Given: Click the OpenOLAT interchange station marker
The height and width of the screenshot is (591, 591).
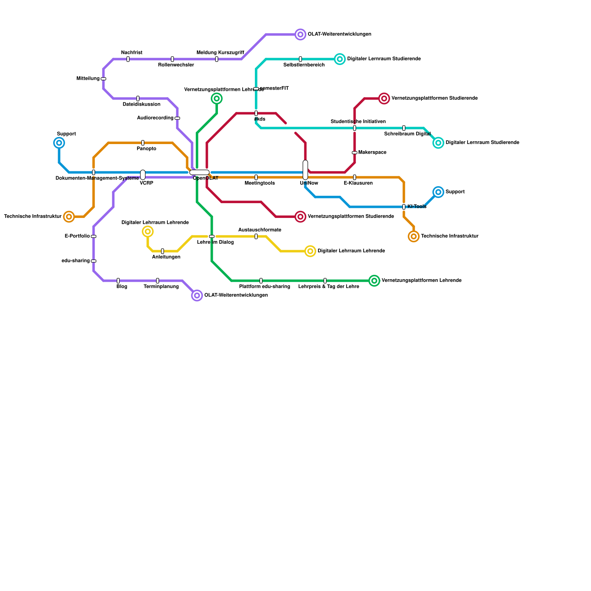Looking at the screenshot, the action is (199, 172).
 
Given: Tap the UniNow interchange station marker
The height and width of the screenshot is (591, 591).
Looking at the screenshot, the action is (305, 170).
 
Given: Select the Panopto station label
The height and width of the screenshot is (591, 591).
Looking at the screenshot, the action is (147, 149).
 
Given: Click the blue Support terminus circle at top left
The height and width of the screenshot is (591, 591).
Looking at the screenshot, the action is (59, 143).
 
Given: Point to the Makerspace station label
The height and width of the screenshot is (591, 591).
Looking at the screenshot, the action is (372, 153).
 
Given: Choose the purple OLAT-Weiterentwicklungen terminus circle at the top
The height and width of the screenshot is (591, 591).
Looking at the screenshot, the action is (301, 35).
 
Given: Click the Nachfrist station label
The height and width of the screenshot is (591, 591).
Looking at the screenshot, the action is (131, 53).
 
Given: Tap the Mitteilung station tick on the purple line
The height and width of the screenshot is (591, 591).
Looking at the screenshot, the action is (103, 79).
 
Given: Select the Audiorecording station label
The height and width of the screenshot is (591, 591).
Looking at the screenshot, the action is (155, 118).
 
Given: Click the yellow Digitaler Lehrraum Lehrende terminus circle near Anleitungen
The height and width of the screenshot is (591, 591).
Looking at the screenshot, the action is (148, 232).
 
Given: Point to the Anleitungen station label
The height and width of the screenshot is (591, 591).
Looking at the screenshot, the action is (166, 257).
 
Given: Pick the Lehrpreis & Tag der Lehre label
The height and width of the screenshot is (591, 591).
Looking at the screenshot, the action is (328, 287).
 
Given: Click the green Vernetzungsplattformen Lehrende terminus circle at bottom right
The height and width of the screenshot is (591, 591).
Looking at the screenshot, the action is (374, 281).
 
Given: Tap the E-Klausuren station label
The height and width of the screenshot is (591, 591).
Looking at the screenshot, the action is (358, 183).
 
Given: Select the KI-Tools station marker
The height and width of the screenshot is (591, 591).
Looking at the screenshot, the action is (404, 207).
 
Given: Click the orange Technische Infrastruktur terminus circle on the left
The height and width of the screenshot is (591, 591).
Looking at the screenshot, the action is (69, 217).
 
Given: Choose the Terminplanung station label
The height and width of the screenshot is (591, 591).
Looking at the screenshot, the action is (161, 287).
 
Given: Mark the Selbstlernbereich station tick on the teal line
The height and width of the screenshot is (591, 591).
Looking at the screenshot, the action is (300, 59).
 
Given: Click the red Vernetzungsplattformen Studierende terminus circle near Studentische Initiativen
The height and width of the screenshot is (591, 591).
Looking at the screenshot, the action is (384, 99).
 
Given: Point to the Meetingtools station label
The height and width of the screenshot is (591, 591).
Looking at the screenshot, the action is (260, 183).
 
